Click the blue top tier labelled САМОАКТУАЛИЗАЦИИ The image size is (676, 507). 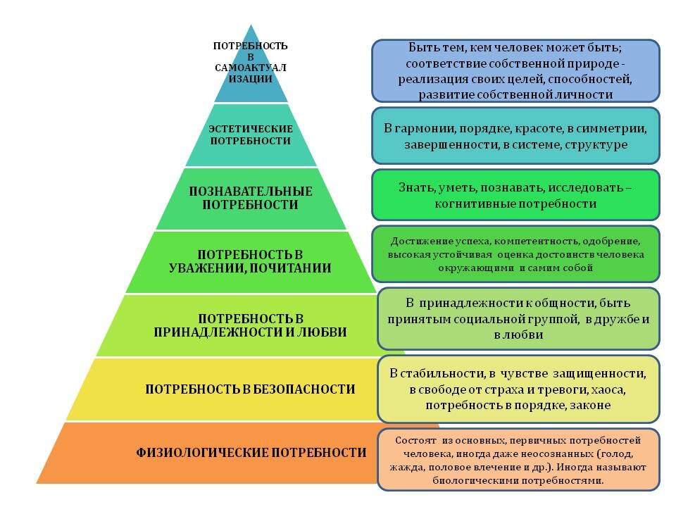(251, 63)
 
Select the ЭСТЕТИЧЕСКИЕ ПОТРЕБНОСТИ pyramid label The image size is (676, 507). (251, 134)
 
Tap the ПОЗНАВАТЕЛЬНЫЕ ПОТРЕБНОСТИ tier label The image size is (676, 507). (251, 198)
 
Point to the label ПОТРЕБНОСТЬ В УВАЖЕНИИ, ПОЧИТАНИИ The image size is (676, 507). (251, 261)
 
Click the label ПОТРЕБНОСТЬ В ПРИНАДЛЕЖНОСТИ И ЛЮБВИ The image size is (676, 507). (251, 325)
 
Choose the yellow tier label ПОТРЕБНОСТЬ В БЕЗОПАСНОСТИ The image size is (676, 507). (251, 389)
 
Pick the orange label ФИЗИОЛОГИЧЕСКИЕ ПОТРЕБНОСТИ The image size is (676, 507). (251, 452)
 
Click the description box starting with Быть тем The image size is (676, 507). (515, 70)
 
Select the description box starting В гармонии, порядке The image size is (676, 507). (515, 136)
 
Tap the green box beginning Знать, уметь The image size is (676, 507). (515, 195)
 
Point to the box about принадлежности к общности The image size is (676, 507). (518, 318)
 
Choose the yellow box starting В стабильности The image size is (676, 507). (518, 389)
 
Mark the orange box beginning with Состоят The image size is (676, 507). (518, 459)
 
